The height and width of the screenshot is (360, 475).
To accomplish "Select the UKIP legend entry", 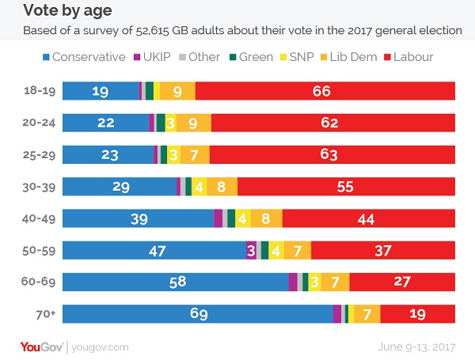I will click(158, 57).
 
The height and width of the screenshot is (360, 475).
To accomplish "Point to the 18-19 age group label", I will click(38, 90).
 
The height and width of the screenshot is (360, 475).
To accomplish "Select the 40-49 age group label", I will click(38, 218).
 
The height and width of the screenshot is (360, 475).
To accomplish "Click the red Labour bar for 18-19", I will click(325, 90).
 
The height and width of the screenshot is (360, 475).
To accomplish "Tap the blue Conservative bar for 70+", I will click(197, 314).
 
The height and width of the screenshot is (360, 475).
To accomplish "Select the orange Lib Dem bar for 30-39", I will click(222, 186).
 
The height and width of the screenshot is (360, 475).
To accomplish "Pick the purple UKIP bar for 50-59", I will click(251, 250).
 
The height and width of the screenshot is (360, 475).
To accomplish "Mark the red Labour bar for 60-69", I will click(402, 282).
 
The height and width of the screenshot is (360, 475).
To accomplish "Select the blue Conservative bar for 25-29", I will click(107, 154).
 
